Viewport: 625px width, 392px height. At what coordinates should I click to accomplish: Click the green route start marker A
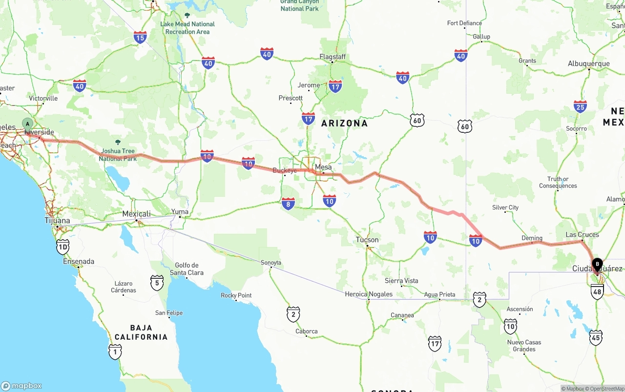pos(27,124)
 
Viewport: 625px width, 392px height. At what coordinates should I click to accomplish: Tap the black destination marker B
pos(597,264)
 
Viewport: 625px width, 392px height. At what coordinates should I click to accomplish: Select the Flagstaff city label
pos(333,57)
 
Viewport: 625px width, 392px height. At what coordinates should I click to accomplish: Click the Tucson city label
pos(367,240)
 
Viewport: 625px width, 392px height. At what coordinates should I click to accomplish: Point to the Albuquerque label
pos(588,64)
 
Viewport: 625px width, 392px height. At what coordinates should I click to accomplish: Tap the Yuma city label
pos(180,211)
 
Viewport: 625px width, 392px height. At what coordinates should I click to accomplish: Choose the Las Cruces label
pos(582,235)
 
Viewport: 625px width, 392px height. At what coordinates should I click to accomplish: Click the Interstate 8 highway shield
pos(288,204)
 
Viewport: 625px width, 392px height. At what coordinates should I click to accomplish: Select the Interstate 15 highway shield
pos(140,37)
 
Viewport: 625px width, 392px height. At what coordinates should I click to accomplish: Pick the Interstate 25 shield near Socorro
pos(580,106)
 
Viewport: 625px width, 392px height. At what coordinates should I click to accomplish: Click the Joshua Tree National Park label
pos(118,155)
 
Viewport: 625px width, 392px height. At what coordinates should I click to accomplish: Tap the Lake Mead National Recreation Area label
pos(187,28)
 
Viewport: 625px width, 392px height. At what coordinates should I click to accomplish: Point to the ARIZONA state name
pos(344,124)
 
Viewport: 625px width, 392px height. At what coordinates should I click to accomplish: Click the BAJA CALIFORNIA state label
pos(141,332)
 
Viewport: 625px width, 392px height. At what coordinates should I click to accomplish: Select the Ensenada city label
pos(79,262)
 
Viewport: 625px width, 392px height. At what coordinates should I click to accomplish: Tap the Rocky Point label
pos(236,295)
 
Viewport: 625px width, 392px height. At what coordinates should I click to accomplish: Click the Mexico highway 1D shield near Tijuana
pos(62,247)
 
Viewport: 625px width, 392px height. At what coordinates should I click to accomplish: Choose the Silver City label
pos(505,207)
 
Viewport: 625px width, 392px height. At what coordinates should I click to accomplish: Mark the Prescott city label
pos(291,98)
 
